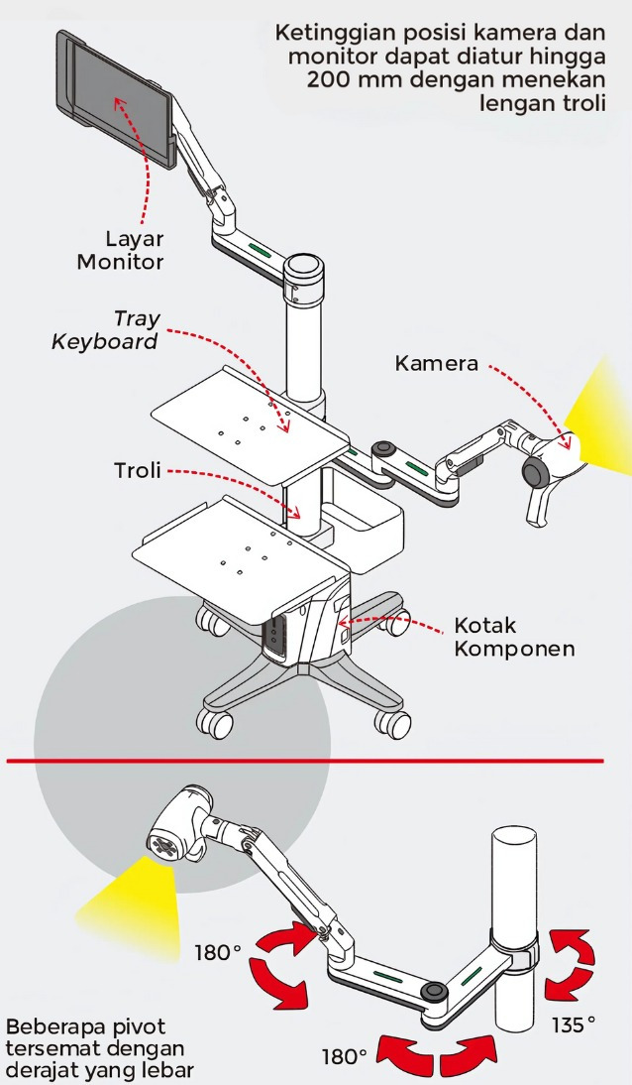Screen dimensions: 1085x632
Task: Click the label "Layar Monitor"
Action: (121, 250)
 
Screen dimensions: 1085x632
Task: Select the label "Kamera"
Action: (437, 363)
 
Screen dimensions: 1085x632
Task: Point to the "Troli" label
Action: (137, 470)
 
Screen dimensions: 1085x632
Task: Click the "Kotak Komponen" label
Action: (514, 638)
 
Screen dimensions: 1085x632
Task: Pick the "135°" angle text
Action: (574, 1023)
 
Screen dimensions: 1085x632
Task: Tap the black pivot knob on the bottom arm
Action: (430, 992)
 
